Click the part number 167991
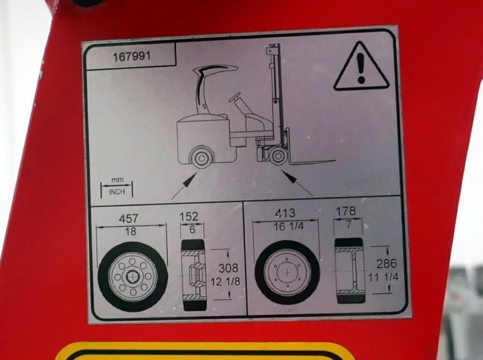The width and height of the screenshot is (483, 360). [132, 56]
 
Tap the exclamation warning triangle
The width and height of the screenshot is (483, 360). [361, 67]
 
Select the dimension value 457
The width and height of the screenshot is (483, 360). [128, 219]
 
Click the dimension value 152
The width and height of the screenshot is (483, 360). [189, 216]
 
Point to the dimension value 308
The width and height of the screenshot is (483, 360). [228, 268]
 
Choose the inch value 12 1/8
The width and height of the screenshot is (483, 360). [225, 281]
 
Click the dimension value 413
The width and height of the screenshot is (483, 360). [285, 213]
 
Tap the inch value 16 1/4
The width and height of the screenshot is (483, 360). [289, 227]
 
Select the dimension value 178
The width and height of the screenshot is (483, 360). [346, 211]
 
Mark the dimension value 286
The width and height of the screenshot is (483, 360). [386, 263]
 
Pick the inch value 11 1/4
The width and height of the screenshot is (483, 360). [383, 277]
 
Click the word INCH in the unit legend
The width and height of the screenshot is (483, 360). [117, 192]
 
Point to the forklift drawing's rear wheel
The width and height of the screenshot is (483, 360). [201, 158]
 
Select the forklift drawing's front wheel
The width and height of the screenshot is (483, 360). [279, 155]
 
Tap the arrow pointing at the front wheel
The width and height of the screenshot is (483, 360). [297, 183]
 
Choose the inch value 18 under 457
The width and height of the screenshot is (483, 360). [130, 231]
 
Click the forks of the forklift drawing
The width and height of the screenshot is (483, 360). [312, 161]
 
